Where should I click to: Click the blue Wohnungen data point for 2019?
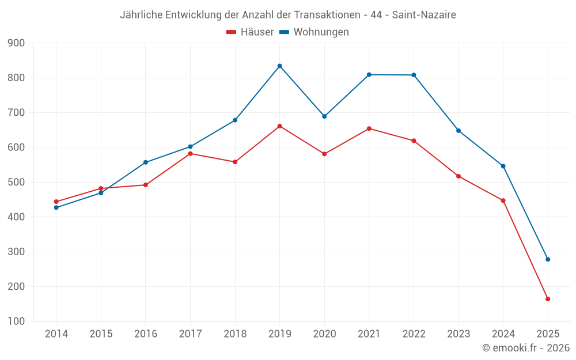coord(279,66)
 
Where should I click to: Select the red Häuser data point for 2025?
coord(548,299)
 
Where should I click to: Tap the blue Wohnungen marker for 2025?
coord(548,259)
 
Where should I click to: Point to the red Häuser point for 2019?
coord(279,126)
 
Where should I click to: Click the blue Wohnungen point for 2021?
coord(369,74)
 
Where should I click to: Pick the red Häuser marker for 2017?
coord(190,153)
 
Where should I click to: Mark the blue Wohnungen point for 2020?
coord(324,116)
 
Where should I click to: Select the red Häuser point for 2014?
coord(56,202)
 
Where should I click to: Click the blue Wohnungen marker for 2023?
coord(458,131)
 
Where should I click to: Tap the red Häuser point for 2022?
coord(414,141)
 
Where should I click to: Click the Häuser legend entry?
coord(250,32)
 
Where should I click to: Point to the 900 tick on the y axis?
coord(16,43)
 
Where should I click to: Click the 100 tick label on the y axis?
coord(16,321)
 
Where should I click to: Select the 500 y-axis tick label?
coord(16,182)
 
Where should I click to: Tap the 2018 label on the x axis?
coord(235,334)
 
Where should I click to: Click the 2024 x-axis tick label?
coord(503,334)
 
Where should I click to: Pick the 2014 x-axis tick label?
coord(56,334)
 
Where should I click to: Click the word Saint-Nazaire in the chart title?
coord(424,15)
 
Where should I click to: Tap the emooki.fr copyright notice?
coord(525,348)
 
